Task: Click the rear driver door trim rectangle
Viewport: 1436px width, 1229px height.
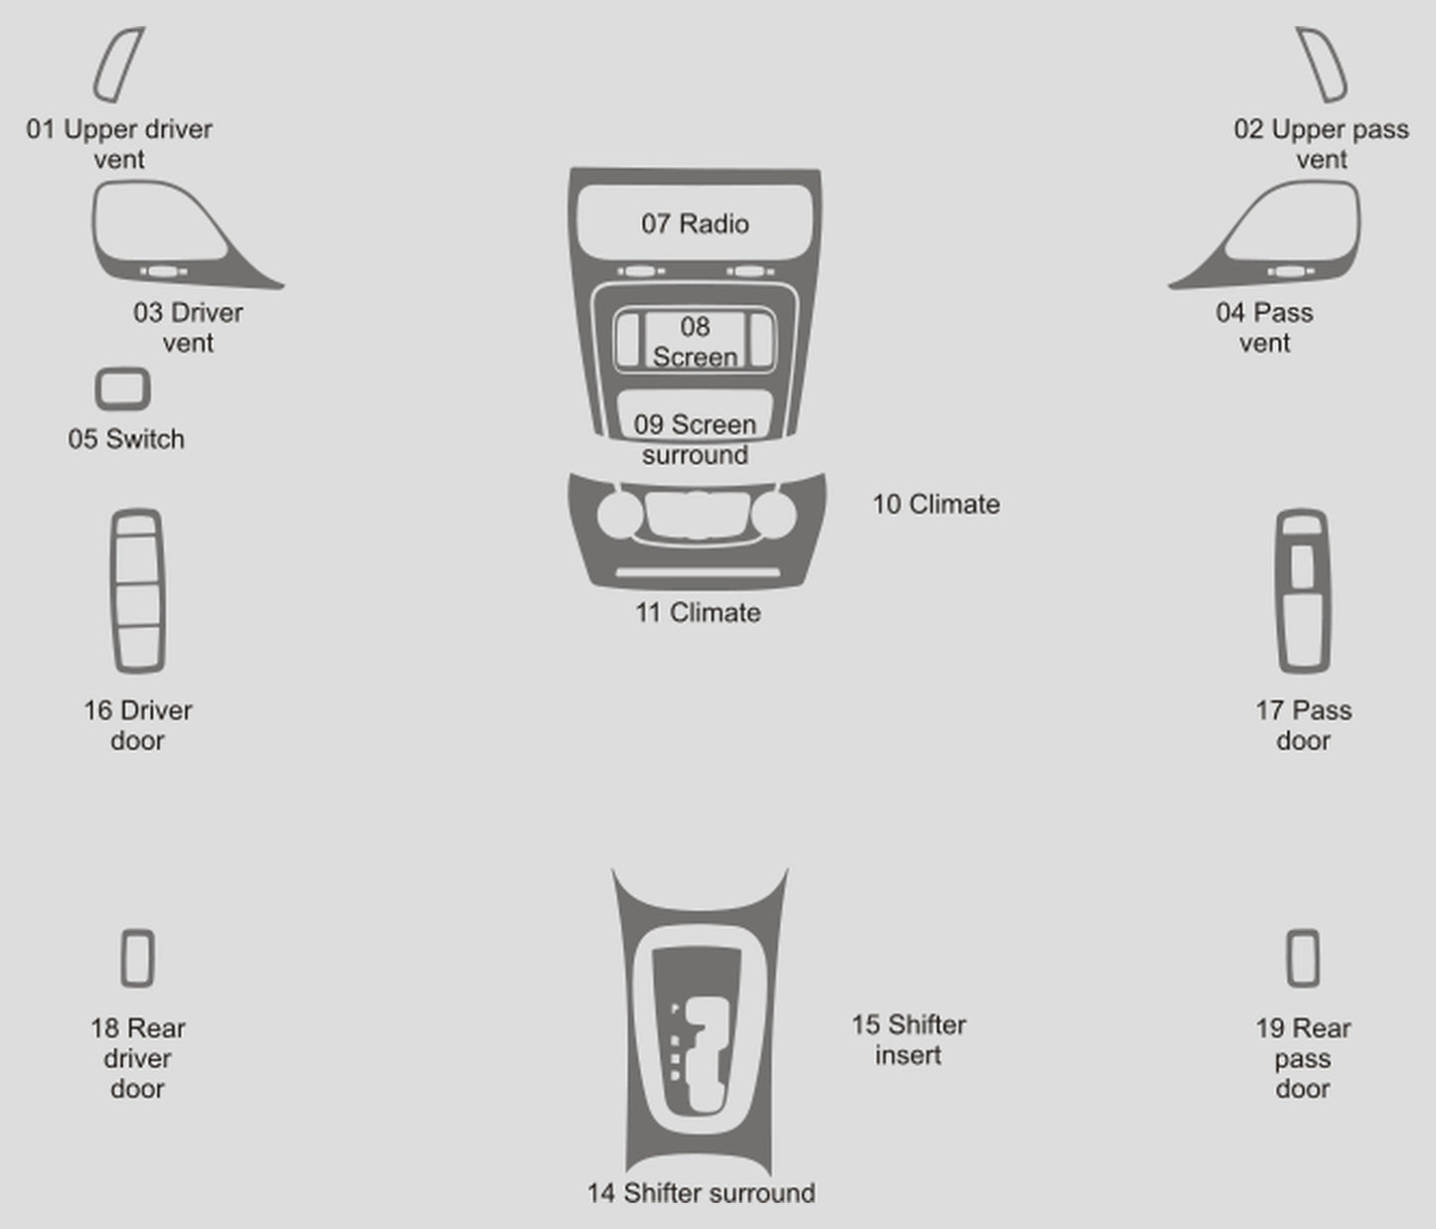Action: pos(123,959)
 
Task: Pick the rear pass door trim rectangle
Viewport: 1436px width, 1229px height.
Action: pos(1289,959)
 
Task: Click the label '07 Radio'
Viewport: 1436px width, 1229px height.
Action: pos(695,224)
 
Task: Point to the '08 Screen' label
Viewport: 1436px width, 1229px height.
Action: pos(695,341)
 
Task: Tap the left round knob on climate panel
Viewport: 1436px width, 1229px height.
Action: pos(620,516)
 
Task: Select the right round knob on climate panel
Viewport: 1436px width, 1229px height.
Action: pos(773,516)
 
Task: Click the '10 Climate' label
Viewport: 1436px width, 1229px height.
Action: pos(936,505)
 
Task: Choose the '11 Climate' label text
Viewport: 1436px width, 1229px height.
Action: pos(698,613)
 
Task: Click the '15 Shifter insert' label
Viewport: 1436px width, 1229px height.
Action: pos(908,1040)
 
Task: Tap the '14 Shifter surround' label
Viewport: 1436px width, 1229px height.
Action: pos(701,1193)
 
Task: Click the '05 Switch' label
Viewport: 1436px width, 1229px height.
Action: pos(126,439)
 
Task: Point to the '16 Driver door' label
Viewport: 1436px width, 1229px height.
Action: pos(137,725)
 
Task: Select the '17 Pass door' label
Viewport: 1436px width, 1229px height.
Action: pos(1303,725)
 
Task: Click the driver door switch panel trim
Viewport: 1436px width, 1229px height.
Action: pos(113,590)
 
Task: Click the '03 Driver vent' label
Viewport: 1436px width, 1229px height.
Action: pos(188,327)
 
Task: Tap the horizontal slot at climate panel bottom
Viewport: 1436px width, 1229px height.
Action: pos(698,572)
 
